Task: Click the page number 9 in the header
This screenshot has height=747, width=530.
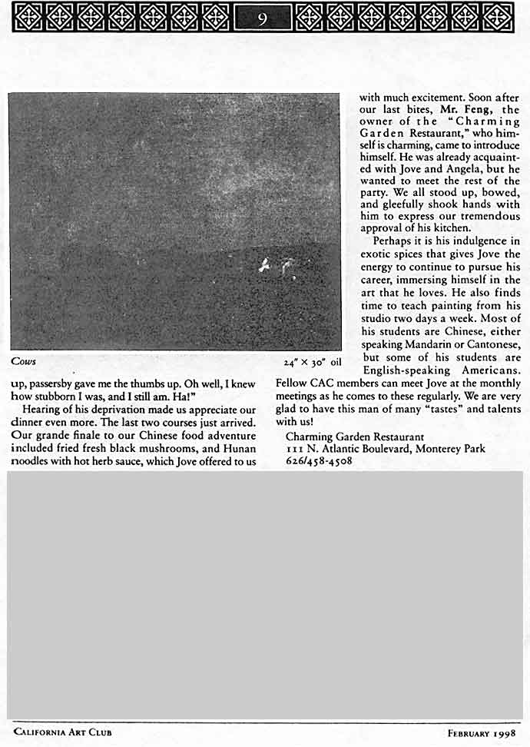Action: (x=262, y=17)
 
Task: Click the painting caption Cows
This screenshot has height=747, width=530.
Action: (x=24, y=360)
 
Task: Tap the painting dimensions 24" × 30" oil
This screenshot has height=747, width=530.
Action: (x=312, y=361)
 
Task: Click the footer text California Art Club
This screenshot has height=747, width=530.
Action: (x=62, y=732)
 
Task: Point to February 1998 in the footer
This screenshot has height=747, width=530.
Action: (x=482, y=732)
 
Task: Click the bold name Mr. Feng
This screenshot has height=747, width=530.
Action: (x=461, y=110)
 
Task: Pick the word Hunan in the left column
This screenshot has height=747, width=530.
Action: (x=239, y=449)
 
